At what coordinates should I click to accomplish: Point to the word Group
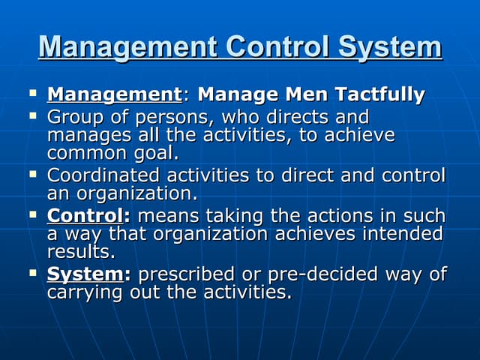pyautogui.click(x=75, y=118)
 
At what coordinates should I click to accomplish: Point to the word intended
pyautogui.click(x=402, y=233)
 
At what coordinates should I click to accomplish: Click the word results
pyautogui.click(x=81, y=251)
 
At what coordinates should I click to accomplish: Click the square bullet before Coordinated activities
pyautogui.click(x=33, y=175)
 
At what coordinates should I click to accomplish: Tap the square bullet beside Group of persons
pyautogui.click(x=33, y=117)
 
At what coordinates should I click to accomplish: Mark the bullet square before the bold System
pyautogui.click(x=33, y=273)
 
